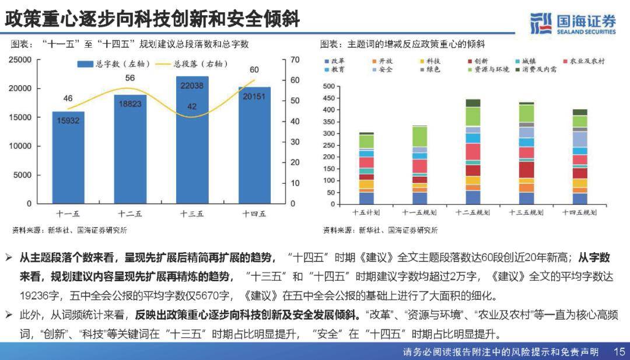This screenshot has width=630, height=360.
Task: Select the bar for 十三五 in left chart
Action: (x=192, y=140)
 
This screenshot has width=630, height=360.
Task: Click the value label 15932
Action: (x=68, y=120)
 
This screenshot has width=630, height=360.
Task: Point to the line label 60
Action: (x=254, y=70)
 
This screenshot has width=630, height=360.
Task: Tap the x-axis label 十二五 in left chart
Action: (x=130, y=214)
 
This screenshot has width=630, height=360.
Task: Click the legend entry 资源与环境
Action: (x=489, y=69)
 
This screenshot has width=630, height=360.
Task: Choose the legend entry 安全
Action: (x=385, y=69)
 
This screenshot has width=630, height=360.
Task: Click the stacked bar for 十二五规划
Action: (x=473, y=153)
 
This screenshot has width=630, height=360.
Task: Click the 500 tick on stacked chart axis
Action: (x=329, y=87)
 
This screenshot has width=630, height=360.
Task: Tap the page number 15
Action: (x=619, y=352)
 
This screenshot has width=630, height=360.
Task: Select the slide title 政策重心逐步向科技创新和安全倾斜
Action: (x=152, y=19)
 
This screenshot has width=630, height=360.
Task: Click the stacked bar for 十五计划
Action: (x=366, y=170)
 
